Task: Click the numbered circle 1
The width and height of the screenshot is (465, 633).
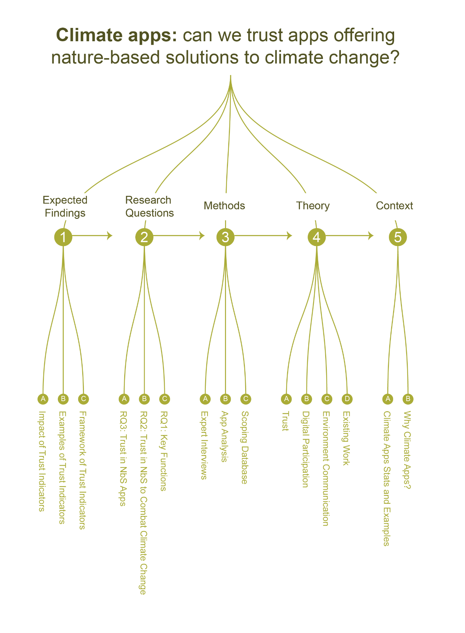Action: [63, 237]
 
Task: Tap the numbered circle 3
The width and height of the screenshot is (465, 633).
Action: [225, 237]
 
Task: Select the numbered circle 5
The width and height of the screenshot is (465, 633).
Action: [398, 237]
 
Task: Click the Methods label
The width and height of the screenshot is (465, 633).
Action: [224, 206]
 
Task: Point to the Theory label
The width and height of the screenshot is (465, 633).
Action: [313, 206]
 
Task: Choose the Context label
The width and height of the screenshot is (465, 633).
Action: [394, 206]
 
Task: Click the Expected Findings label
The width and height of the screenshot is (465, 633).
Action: [65, 207]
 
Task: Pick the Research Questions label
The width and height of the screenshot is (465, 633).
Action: [149, 207]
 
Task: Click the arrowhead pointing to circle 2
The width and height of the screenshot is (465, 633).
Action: [110, 235]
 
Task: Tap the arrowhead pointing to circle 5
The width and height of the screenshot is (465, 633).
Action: [371, 235]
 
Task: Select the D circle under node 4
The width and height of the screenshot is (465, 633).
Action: [347, 399]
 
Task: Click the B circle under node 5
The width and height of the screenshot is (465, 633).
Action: [408, 399]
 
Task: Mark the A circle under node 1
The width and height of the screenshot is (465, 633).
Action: [43, 399]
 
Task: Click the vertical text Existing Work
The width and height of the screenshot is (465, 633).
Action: [346, 438]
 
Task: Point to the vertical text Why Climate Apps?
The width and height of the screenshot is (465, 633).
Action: [407, 450]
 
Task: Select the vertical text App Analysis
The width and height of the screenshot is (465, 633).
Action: [224, 437]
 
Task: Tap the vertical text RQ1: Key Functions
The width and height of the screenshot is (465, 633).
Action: [164, 451]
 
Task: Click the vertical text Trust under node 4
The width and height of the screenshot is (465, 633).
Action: [286, 421]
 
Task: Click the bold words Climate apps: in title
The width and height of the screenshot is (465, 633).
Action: [116, 35]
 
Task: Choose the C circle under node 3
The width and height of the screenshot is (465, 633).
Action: [246, 399]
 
